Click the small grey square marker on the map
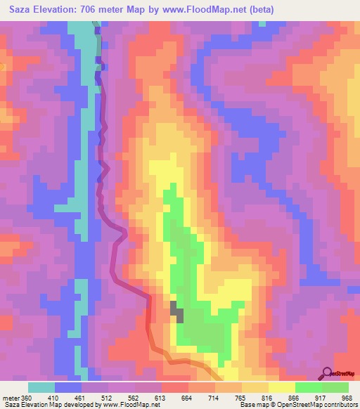[x=177, y=311]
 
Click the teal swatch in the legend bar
[x=41, y=387]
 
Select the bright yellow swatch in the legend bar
[x=282, y=387]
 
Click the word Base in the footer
[x=247, y=405]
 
